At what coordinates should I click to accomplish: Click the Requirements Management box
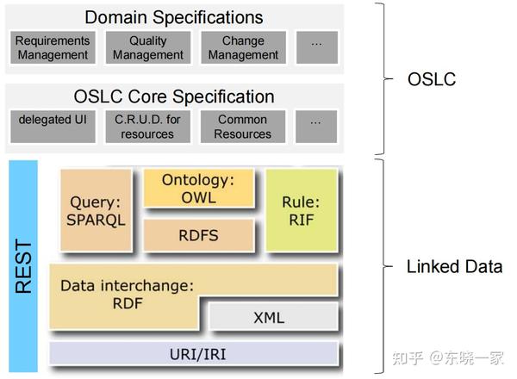pos(53,48)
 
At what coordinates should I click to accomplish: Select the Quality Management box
pos(147,48)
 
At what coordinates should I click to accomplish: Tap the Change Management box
pos(243,48)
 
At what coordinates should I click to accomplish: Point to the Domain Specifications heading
pos(174,17)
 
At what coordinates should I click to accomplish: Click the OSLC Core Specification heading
pos(174,96)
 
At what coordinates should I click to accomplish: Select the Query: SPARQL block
pos(95,209)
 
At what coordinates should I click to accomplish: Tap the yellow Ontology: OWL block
pos(198,188)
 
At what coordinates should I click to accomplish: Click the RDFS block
pos(198,233)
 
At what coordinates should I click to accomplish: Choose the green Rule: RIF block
pos(301,209)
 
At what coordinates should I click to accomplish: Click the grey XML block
pos(269,318)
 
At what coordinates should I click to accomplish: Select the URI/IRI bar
pos(193,353)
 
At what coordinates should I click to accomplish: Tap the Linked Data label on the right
pos(454,267)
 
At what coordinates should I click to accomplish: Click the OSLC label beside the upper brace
pos(432,79)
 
